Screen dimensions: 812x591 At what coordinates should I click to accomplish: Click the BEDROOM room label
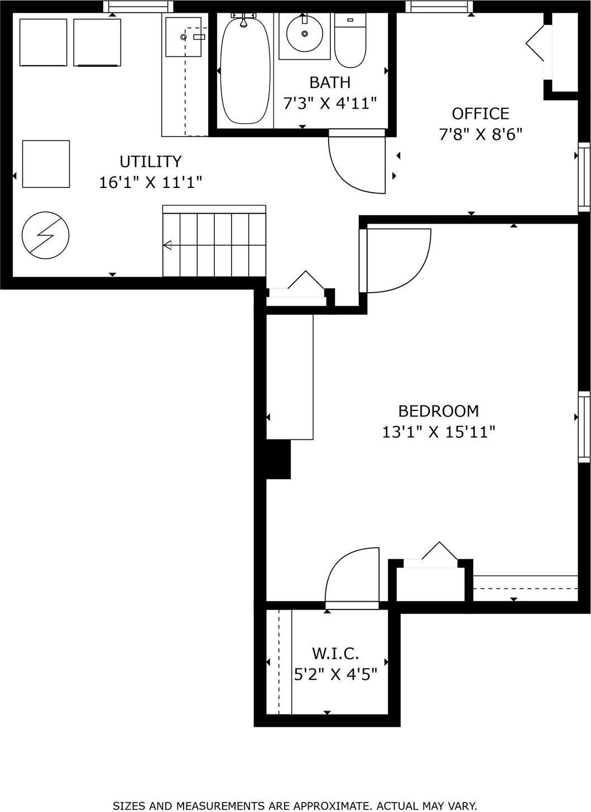tap(438, 411)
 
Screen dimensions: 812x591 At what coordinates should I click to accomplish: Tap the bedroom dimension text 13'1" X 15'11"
tap(438, 432)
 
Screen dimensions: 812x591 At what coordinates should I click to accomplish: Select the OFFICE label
tap(480, 114)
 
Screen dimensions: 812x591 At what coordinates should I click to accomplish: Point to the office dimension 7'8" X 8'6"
tap(480, 134)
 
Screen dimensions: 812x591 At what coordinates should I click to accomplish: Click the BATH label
tap(330, 83)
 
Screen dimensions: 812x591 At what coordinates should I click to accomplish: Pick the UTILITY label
tap(151, 162)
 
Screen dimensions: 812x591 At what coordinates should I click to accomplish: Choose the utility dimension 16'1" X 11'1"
tap(151, 182)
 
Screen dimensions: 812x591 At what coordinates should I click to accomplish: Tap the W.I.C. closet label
tap(335, 653)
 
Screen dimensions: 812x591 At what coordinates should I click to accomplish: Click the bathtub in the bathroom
tap(245, 71)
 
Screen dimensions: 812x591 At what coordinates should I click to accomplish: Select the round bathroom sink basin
tap(305, 34)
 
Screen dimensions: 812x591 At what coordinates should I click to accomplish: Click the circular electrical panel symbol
tap(45, 235)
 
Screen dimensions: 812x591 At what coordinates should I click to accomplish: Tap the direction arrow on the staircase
tap(167, 245)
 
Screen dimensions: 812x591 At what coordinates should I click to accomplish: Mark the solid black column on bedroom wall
tap(278, 459)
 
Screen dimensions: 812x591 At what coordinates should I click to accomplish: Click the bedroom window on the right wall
tap(583, 427)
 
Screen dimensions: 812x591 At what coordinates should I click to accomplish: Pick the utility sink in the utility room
tap(184, 37)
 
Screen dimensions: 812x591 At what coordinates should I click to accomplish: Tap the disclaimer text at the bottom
tap(295, 805)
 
